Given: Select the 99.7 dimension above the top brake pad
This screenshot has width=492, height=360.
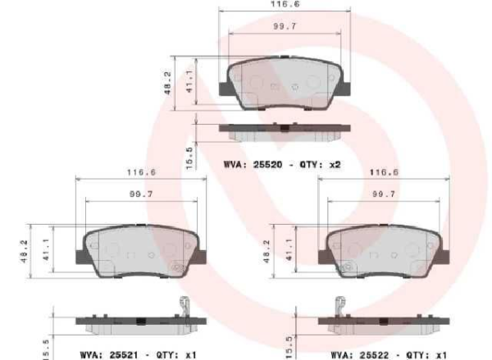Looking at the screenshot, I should point(283,29).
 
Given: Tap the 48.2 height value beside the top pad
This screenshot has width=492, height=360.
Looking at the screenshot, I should point(168,84).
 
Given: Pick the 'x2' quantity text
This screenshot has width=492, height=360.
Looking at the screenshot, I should point(334,165).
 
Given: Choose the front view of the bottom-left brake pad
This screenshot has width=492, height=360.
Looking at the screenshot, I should point(140,250).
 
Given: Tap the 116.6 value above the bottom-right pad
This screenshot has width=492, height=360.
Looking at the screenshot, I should point(384,172).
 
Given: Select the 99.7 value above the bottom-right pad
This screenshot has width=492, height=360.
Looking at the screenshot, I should point(384,195).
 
